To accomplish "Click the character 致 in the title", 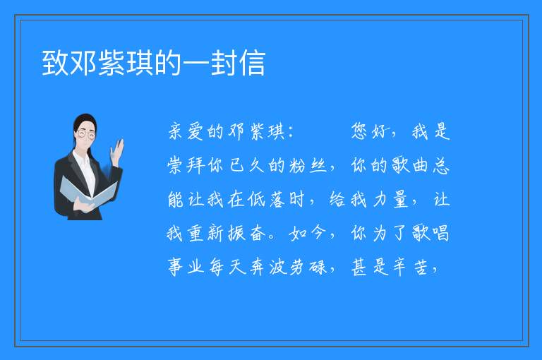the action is (x=55, y=63).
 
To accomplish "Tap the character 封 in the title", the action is (x=223, y=63).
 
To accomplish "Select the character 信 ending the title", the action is (x=252, y=63).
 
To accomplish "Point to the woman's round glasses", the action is (x=86, y=134).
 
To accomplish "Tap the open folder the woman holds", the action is (x=88, y=193).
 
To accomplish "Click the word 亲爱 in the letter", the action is (x=186, y=132).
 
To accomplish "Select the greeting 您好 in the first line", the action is (x=369, y=132).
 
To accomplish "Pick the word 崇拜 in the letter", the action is (x=186, y=166).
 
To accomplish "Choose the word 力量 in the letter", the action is (x=391, y=200).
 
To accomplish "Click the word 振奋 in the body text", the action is (x=247, y=234).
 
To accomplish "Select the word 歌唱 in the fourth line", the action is (x=431, y=234).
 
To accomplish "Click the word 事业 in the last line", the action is (x=186, y=268).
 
